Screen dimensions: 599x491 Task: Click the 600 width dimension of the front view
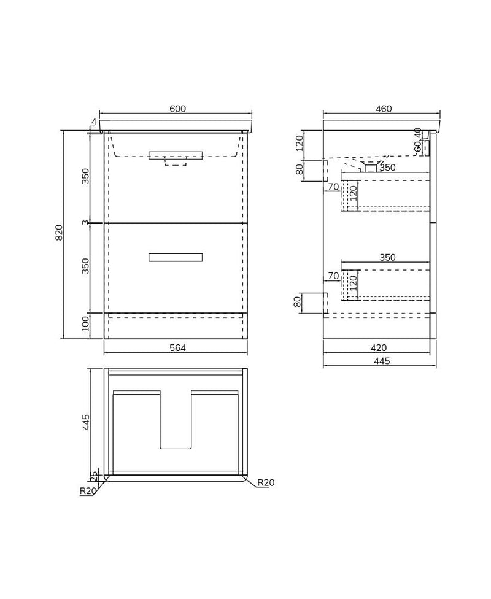click(x=177, y=109)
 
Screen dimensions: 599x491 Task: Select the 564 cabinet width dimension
click(x=177, y=348)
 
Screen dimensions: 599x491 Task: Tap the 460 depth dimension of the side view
click(x=384, y=109)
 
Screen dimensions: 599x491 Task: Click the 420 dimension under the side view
click(x=379, y=348)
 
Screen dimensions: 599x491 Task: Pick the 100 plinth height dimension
click(x=85, y=324)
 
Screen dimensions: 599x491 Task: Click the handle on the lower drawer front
click(x=176, y=257)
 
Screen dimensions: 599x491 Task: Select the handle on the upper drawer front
click(x=176, y=155)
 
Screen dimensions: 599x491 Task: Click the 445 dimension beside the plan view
click(x=86, y=422)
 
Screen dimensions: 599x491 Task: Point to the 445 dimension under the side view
click(x=382, y=361)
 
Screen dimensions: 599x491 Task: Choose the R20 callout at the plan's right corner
click(x=266, y=483)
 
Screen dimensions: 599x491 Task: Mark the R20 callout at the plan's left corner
click(x=88, y=491)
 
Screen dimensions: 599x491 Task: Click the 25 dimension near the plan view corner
click(x=94, y=477)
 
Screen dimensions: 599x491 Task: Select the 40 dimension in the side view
click(x=418, y=133)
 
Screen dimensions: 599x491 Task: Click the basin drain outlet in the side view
click(x=371, y=167)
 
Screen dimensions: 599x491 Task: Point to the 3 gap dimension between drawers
click(x=85, y=223)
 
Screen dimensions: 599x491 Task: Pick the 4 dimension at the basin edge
click(x=94, y=122)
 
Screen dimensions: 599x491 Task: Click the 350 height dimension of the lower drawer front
click(x=85, y=266)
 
